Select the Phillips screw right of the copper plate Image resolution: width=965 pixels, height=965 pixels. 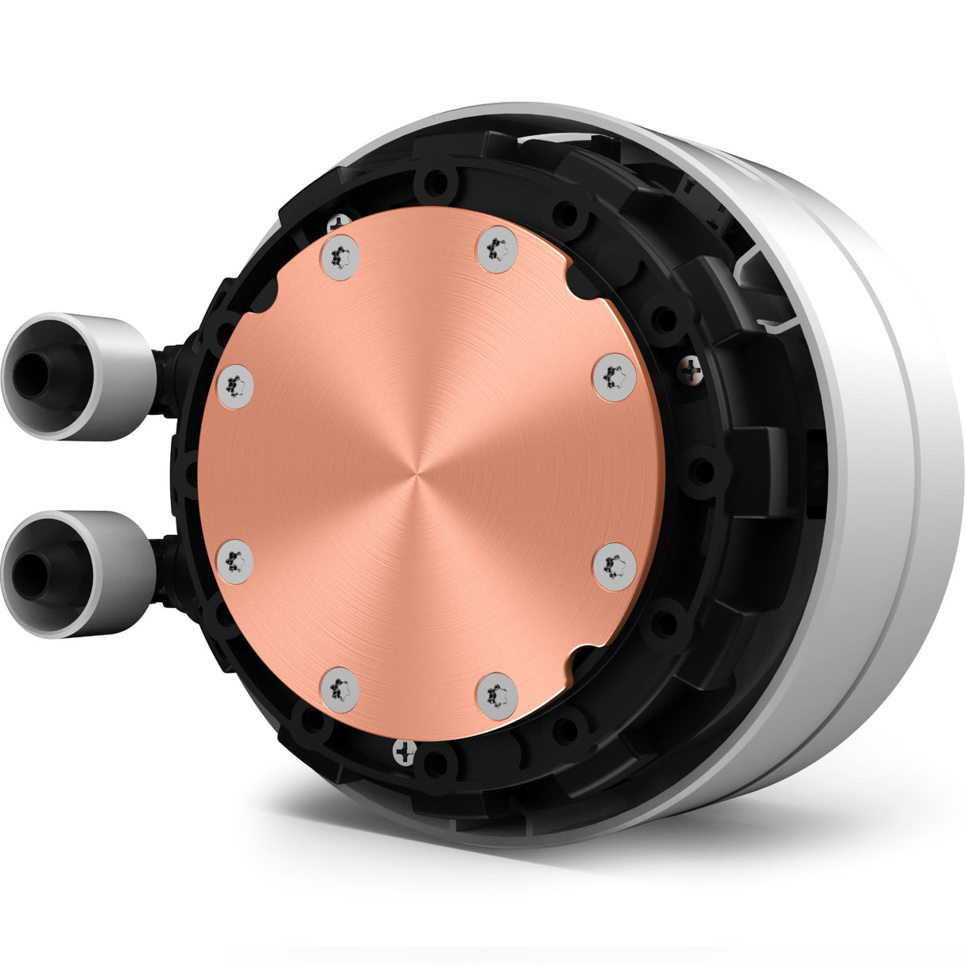(x=691, y=367)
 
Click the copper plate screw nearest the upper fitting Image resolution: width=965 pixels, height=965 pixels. (x=234, y=387)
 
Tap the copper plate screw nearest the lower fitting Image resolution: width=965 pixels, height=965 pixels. (x=234, y=559)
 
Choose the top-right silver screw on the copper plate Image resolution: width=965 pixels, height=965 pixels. (x=497, y=250)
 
